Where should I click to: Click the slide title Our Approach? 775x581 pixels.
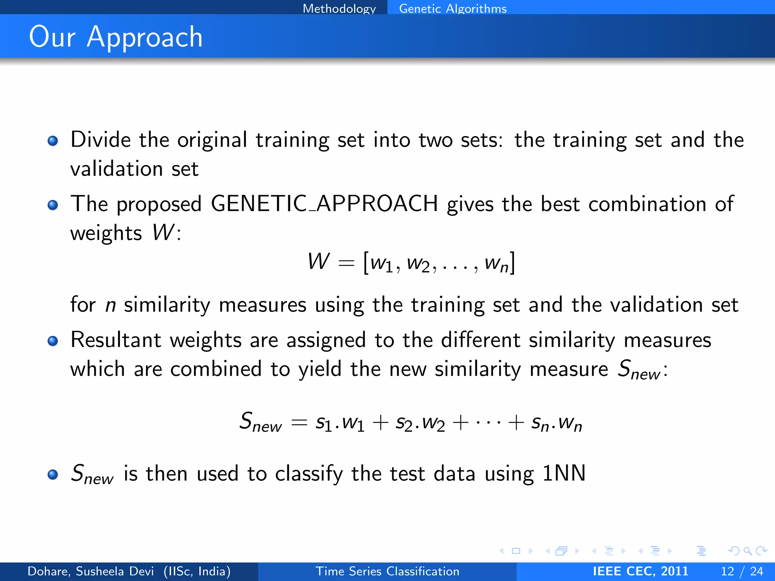point(116,37)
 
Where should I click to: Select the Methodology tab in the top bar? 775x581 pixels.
point(339,8)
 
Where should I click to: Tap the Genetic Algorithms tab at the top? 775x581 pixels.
point(453,8)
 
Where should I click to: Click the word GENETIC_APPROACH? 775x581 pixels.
point(324,204)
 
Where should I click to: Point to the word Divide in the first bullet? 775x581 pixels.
point(101,140)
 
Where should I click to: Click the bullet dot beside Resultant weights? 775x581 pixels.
point(53,341)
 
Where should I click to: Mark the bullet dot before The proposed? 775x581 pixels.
point(53,205)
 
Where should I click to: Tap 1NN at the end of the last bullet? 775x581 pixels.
point(564,473)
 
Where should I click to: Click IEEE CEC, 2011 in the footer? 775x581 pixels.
point(640,571)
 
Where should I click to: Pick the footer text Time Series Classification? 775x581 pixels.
point(387,571)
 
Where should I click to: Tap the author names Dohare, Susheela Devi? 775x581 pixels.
point(91,571)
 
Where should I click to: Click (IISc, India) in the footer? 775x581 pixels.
point(197,571)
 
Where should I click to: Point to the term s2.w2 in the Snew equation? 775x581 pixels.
point(420,423)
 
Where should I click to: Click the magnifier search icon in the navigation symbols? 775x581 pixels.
point(747,551)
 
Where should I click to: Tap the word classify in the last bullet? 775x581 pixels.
point(309,474)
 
